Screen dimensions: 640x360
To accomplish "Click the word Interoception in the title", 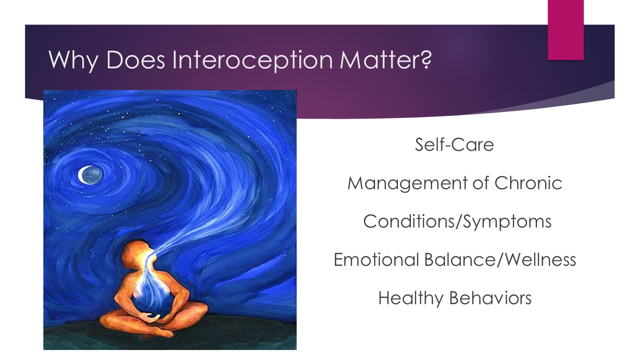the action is pyautogui.click(x=252, y=61).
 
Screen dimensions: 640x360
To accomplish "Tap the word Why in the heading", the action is pyautogui.click(x=73, y=61).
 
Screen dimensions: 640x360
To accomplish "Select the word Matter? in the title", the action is pyautogui.click(x=385, y=60).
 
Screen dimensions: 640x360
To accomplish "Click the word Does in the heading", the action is pyautogui.click(x=135, y=60).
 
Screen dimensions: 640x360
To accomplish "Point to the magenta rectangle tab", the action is pyautogui.click(x=565, y=30).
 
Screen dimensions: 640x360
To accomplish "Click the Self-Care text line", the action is pyautogui.click(x=454, y=145).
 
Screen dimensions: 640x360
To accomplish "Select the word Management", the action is pyautogui.click(x=408, y=184).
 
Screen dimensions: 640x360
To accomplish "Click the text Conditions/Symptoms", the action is pyautogui.click(x=457, y=222).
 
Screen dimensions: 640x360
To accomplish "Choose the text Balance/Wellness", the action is pyautogui.click(x=500, y=260).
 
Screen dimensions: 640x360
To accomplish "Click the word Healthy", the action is pyautogui.click(x=410, y=299).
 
